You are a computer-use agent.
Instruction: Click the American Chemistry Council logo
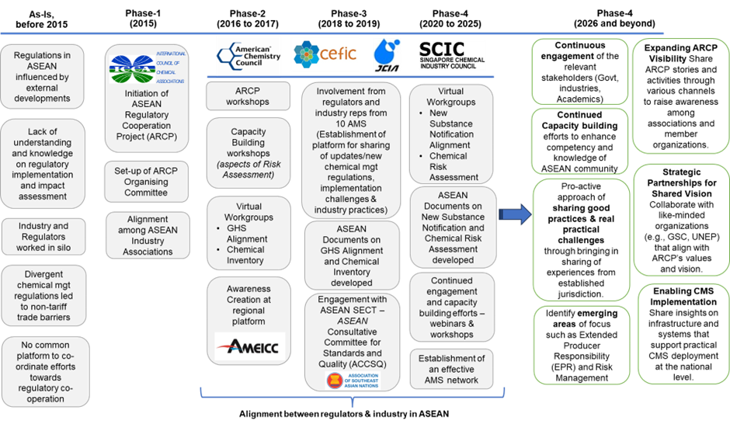[249, 54]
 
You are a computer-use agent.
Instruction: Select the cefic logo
[325, 54]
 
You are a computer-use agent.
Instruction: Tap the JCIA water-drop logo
[386, 54]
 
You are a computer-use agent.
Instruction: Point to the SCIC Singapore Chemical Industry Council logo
[452, 54]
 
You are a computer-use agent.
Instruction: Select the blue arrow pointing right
[513, 215]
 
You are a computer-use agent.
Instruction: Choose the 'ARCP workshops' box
[247, 96]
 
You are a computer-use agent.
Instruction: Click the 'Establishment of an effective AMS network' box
[452, 370]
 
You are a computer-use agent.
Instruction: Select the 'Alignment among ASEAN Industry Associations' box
[147, 235]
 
